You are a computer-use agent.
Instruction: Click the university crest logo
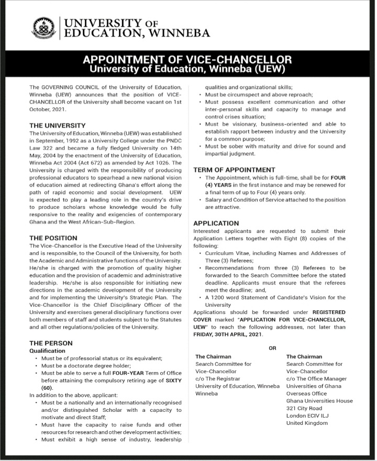(x=43, y=28)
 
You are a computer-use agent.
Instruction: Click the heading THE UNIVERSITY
(x=57, y=126)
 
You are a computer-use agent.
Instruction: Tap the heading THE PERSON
(x=51, y=343)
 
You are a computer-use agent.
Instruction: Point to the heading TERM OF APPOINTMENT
(x=234, y=170)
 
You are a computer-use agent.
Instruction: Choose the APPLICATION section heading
(x=216, y=223)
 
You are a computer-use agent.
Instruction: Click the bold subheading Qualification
(x=47, y=351)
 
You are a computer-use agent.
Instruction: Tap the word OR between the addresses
(x=272, y=348)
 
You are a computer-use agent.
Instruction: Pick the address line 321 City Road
(x=304, y=408)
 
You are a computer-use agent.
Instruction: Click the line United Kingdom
(x=307, y=423)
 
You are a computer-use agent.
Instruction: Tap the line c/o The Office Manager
(x=316, y=378)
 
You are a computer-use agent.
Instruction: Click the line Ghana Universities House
(x=319, y=401)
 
